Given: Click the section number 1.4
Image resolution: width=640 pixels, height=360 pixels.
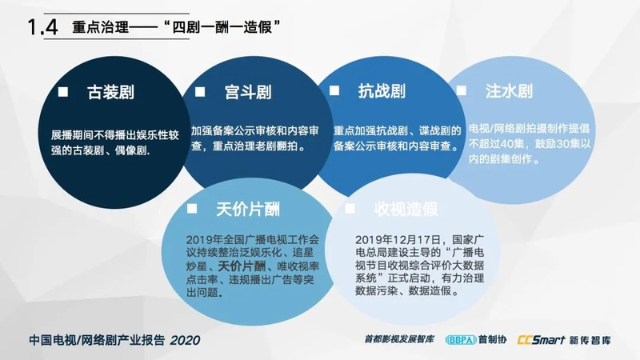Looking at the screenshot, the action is pos(42,27).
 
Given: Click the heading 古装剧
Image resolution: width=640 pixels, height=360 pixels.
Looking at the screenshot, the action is pos(110,92).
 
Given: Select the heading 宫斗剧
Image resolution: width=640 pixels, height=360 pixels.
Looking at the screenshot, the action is pos(248,92).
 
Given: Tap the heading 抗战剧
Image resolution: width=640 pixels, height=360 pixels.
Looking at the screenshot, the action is pos(382,90).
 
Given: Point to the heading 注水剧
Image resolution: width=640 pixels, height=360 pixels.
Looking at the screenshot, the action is pos(509,90).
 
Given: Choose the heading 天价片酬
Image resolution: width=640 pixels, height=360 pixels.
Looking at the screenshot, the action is pos(248,210).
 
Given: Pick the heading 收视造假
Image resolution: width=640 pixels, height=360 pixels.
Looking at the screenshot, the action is pos(406,209).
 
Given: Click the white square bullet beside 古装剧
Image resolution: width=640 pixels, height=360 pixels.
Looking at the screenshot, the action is pos(63,91).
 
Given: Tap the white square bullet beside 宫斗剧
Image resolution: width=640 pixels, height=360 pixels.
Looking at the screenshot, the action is pos(199,91).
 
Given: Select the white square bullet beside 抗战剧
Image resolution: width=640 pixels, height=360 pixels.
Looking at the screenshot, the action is pos(334,90).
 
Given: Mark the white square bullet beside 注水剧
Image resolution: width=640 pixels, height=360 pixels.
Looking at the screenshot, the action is pos(462,90).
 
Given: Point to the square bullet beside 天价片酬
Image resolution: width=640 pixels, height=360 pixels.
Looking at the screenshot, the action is pos(192,209).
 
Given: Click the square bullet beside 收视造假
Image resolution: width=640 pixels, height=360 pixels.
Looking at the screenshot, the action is pos(350,208).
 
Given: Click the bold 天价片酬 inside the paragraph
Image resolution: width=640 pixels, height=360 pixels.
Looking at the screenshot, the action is pos(242,266).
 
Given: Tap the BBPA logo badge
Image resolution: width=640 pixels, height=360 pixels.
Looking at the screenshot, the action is pos(461,339).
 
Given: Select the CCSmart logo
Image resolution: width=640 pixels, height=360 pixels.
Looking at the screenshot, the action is pos(542,339).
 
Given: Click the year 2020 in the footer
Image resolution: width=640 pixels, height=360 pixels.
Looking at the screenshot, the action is pos(185,340).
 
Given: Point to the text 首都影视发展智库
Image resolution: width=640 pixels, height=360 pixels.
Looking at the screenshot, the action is pos(398,339).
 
